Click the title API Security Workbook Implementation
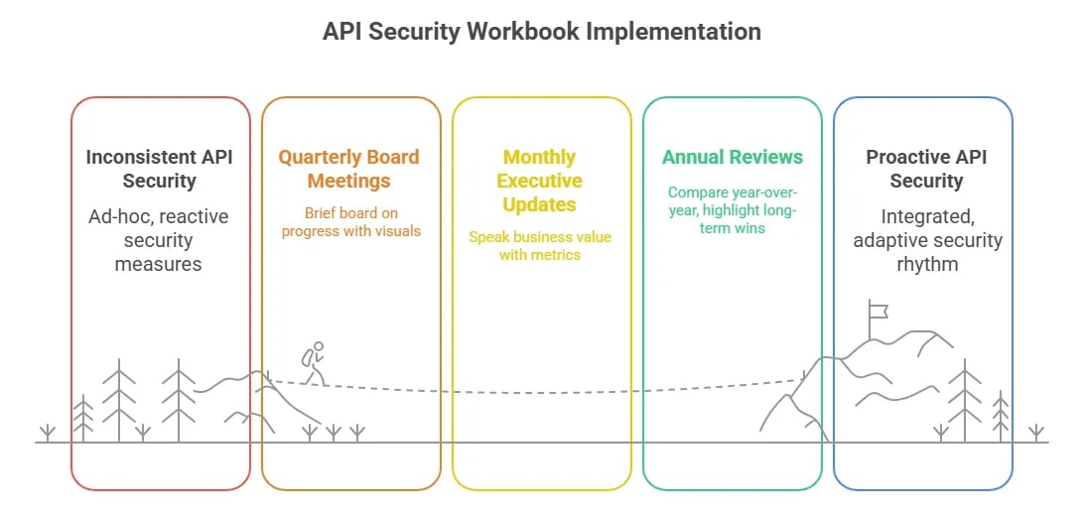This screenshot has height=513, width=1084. point(541,32)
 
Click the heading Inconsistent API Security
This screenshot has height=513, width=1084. point(160,169)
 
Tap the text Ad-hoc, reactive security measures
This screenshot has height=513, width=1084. point(160,240)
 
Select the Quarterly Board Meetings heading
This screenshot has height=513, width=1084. point(348,169)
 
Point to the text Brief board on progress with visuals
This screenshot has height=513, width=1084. point(350,222)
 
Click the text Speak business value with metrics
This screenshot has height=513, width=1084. point(540,246)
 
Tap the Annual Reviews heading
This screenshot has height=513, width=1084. point(732,157)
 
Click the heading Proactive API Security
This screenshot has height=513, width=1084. point(926,169)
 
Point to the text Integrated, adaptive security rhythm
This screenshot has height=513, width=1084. point(926,240)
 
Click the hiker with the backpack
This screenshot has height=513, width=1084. point(313,364)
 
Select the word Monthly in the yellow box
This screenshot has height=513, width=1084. point(539,157)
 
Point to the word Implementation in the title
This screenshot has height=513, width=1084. point(673,32)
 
